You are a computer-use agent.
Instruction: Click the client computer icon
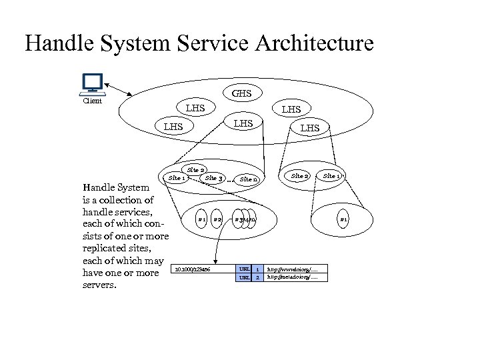coord(91,85)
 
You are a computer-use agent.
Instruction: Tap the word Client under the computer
coord(92,101)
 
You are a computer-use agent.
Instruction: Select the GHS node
coord(242,93)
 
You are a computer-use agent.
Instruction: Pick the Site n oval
coord(249,179)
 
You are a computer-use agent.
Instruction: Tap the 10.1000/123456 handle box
coord(192,269)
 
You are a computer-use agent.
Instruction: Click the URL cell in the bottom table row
coord(244,277)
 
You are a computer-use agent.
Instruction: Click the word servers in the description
coord(98,285)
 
